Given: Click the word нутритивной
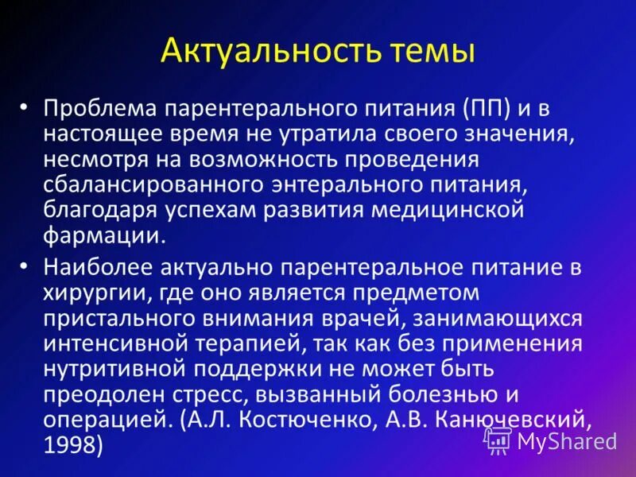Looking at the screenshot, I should click(x=110, y=370).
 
